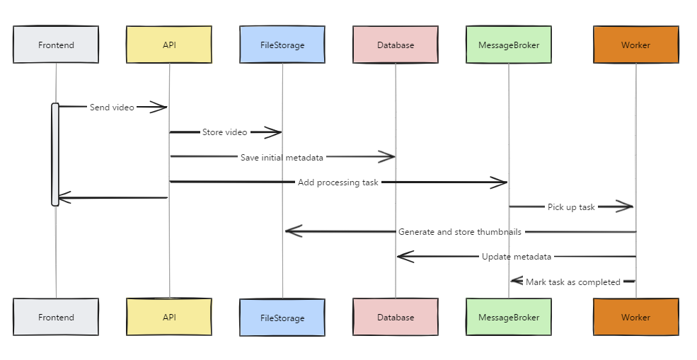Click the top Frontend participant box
click(x=56, y=45)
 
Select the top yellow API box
click(x=169, y=45)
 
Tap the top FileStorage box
click(x=282, y=45)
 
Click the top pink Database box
click(x=396, y=45)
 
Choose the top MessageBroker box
click(x=509, y=45)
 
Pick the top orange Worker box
click(x=635, y=45)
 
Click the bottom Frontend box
click(x=56, y=317)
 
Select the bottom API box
click(x=169, y=317)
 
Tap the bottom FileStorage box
click(x=282, y=318)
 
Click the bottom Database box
click(x=396, y=317)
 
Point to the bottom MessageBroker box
click(x=509, y=317)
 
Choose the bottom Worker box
click(x=635, y=317)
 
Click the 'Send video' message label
click(x=112, y=108)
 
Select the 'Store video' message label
click(x=225, y=132)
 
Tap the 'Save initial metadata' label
click(x=282, y=157)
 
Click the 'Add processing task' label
click(x=338, y=182)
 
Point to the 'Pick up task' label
click(x=571, y=207)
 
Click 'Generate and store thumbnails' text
click(x=460, y=232)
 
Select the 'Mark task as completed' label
click(x=572, y=281)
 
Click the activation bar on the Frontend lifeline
click(x=55, y=154)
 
